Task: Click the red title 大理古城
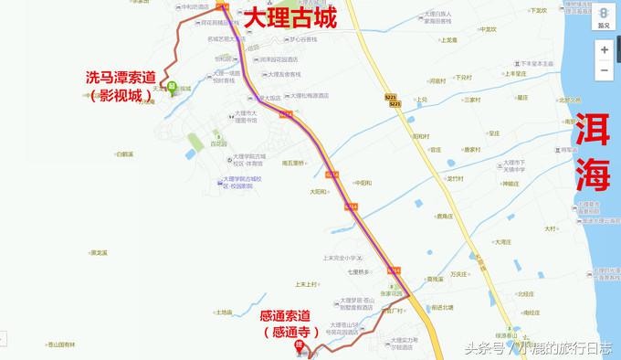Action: point(289,16)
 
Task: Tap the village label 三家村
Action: point(471,99)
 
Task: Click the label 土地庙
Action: point(225,312)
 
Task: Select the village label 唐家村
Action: point(471,149)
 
